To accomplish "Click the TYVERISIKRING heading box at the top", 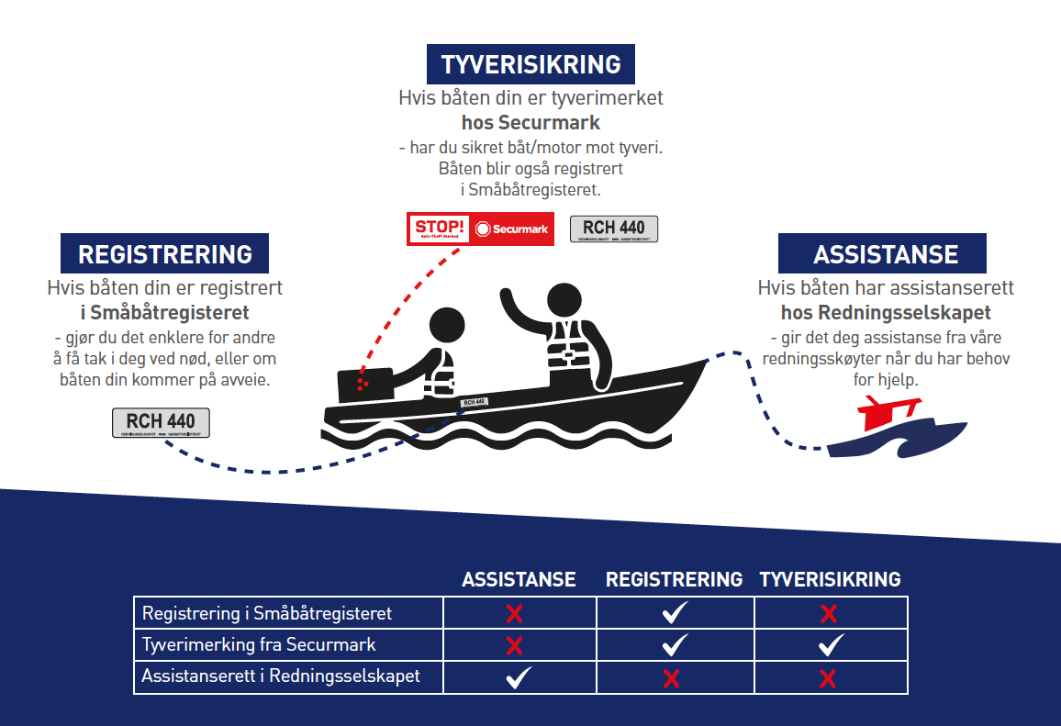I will point(530,64).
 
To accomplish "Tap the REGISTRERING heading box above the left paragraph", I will point(165,254).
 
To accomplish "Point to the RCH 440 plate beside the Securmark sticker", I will point(613,229).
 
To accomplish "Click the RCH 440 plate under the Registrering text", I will point(161,422).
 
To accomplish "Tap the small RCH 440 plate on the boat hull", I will point(474,402).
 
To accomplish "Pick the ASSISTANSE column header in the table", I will point(519,579).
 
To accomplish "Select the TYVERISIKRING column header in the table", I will point(830,579).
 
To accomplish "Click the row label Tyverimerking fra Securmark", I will point(259,644).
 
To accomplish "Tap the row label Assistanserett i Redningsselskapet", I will point(281,676).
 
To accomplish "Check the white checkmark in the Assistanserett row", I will point(519,677).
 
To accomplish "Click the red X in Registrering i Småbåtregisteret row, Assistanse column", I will point(515,613).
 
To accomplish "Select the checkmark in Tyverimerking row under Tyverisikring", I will point(831,645).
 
